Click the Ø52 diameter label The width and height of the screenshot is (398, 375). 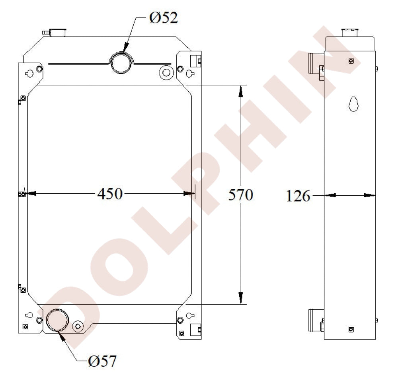(x=163, y=18)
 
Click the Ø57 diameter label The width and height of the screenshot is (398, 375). (x=102, y=361)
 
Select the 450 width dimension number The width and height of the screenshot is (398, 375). (x=110, y=194)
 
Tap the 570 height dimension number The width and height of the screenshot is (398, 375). (x=241, y=195)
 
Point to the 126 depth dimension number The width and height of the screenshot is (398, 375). (x=298, y=196)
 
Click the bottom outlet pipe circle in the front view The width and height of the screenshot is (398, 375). (x=58, y=320)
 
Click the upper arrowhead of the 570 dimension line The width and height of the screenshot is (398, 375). (x=240, y=91)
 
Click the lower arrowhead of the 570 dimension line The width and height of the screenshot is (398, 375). (x=240, y=297)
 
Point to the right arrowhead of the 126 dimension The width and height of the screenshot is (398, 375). (x=369, y=195)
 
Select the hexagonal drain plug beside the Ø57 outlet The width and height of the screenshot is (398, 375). (x=78, y=326)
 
